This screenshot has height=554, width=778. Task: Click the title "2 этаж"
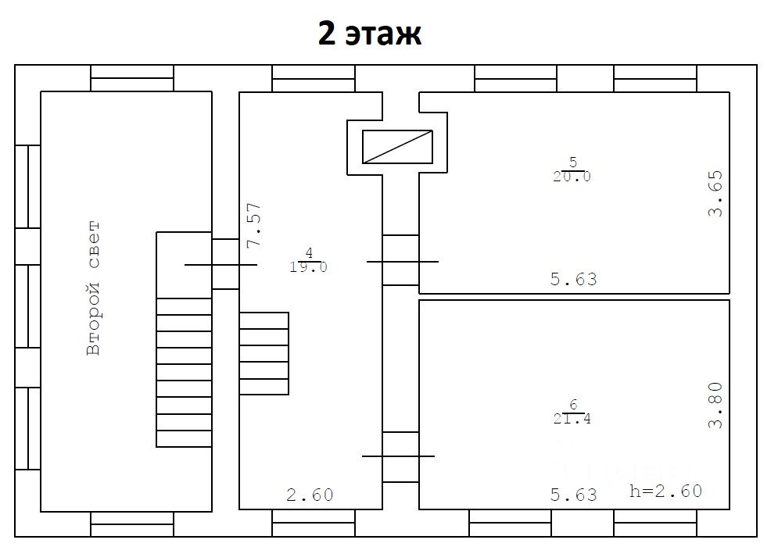click(370, 34)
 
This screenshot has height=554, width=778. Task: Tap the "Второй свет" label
click(93, 288)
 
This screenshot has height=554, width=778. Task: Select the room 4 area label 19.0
click(308, 267)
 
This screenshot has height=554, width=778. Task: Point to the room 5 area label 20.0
click(572, 177)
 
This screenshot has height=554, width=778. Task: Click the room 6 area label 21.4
click(572, 419)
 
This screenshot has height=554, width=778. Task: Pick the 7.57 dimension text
click(254, 225)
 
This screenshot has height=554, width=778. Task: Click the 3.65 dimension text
click(715, 194)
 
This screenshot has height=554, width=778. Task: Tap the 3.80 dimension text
click(715, 406)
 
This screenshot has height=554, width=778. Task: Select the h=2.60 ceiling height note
click(666, 491)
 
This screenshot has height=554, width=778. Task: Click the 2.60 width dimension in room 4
click(310, 495)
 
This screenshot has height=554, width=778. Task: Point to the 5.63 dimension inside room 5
click(574, 279)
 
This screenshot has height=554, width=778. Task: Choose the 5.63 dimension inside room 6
click(574, 495)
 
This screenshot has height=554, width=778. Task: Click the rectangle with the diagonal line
click(397, 147)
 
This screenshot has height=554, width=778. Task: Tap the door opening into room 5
click(401, 260)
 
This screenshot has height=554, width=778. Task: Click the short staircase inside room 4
click(264, 354)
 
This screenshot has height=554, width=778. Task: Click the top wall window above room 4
click(314, 78)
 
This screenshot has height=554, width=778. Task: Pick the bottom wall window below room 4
click(314, 523)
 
